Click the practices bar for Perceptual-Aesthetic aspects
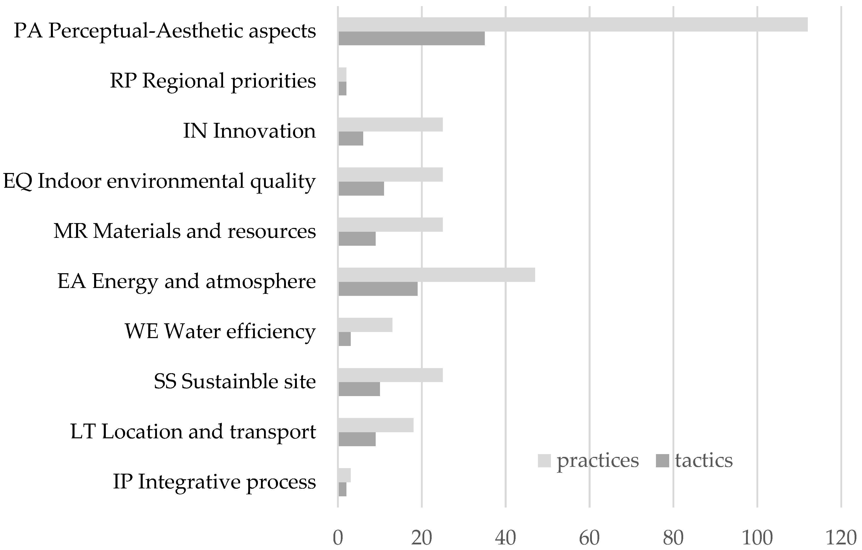tap(573, 24)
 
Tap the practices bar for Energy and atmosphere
tap(436, 275)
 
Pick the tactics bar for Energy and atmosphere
tap(378, 289)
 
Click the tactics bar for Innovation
tap(350, 139)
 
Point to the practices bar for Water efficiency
tap(365, 325)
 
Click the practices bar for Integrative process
tap(344, 475)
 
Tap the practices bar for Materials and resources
tap(390, 225)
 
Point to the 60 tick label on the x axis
tap(589, 538)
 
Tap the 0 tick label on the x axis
tap(338, 538)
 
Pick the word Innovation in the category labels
tap(264, 131)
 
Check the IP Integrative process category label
tap(214, 482)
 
